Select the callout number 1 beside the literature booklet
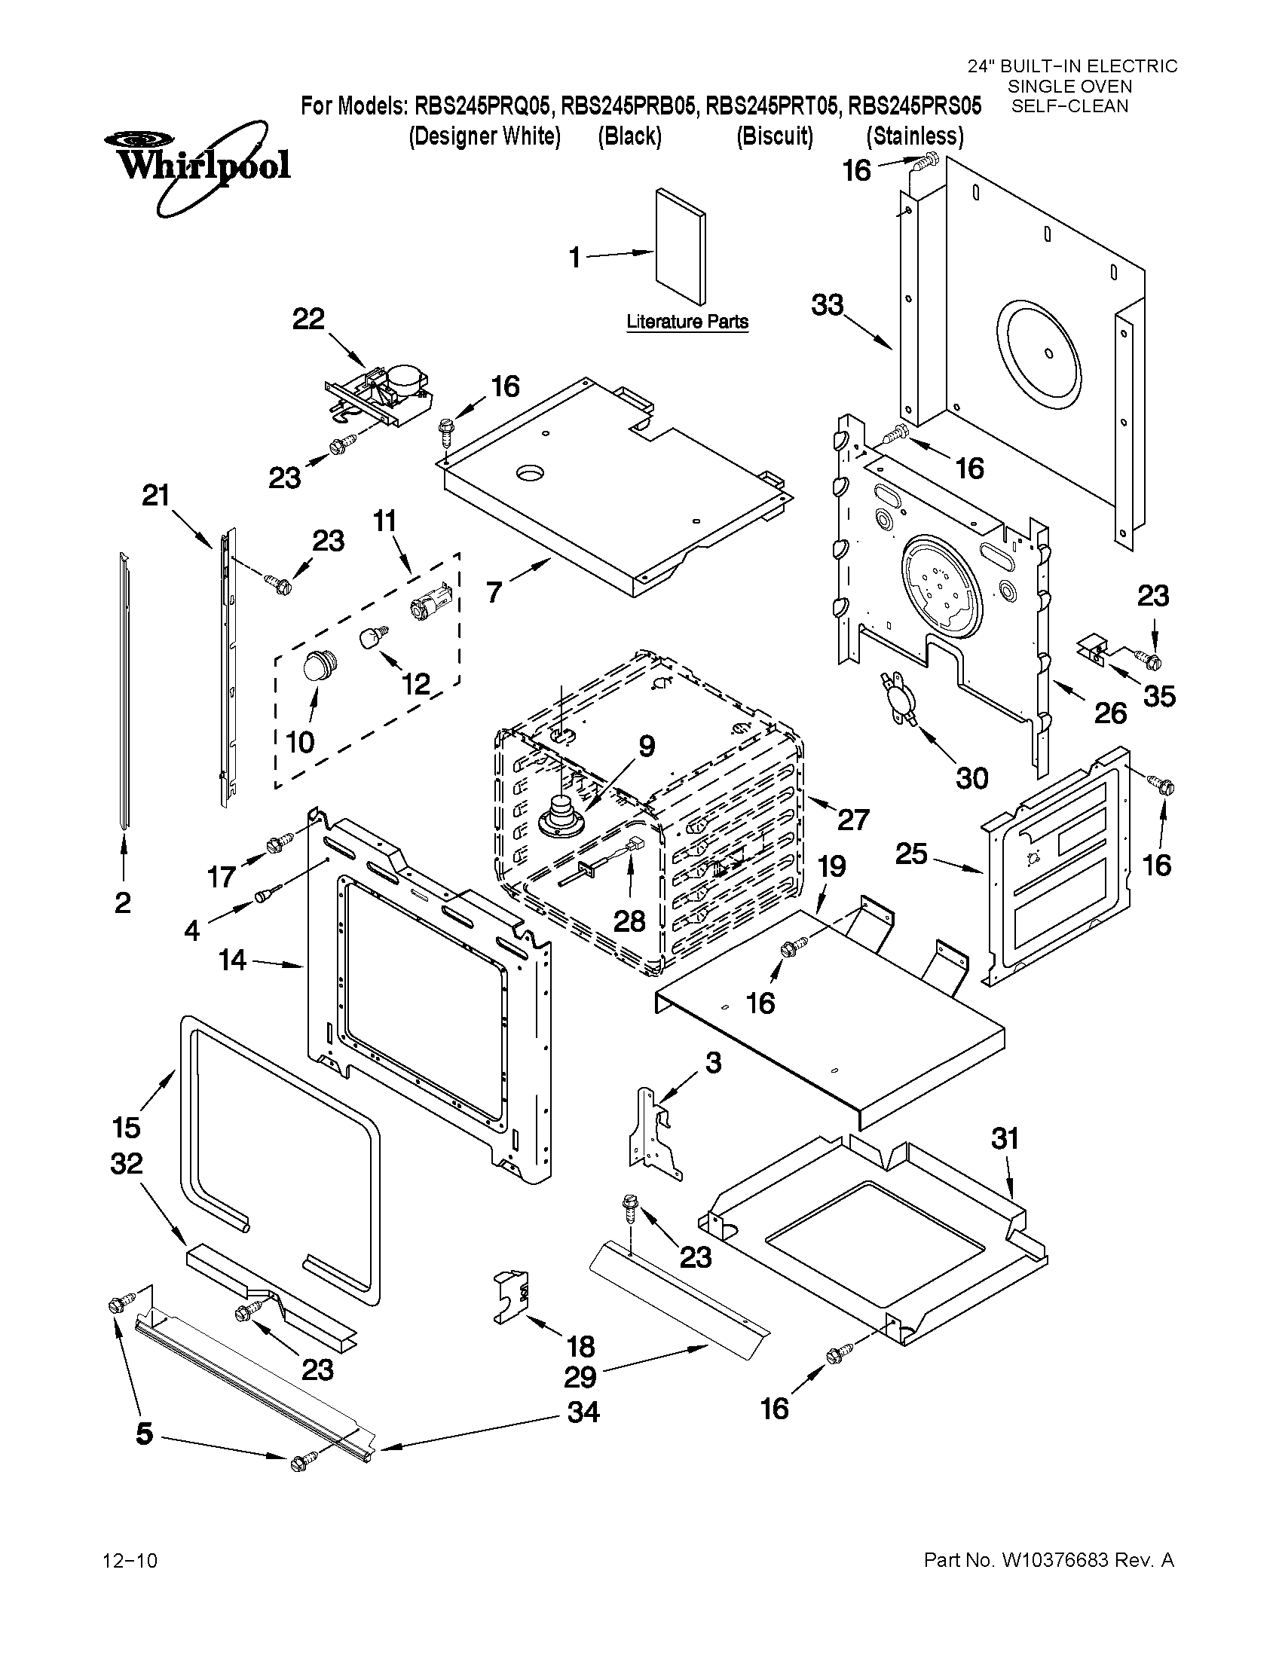click(576, 259)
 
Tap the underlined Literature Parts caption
click(687, 322)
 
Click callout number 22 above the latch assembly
click(308, 319)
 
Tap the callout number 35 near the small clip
click(1159, 696)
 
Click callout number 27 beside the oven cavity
click(852, 819)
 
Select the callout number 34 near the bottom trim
click(583, 1412)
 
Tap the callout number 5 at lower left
click(144, 1434)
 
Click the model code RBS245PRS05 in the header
click(914, 105)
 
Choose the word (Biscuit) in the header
click(775, 136)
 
